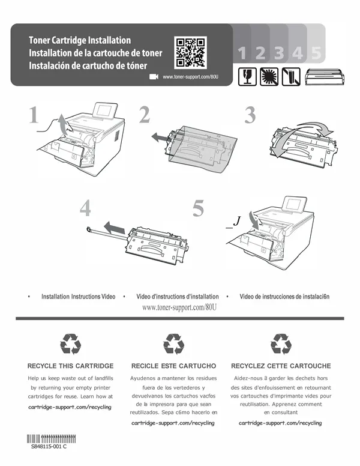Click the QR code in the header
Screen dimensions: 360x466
(x=190, y=52)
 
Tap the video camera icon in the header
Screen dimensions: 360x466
(x=154, y=77)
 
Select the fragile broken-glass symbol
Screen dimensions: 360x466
(x=247, y=77)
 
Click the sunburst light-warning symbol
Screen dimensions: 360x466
(x=269, y=77)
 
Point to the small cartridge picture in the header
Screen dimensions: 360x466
(x=325, y=77)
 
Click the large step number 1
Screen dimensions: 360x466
(x=34, y=115)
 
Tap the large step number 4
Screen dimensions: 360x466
(x=85, y=208)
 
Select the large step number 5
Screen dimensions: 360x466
(x=198, y=208)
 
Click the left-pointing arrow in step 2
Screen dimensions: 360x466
(x=161, y=138)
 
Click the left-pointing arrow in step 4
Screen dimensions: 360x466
(x=115, y=228)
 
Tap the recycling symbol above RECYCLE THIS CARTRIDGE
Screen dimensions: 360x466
(x=70, y=344)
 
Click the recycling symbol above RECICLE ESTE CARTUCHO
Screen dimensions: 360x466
(x=174, y=344)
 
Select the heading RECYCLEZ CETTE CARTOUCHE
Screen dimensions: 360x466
(x=281, y=366)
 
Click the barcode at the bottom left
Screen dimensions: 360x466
(x=51, y=438)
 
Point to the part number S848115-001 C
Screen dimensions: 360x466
(x=49, y=446)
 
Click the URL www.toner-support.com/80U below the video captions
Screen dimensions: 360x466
(x=179, y=307)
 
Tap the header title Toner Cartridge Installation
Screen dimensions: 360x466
(x=80, y=40)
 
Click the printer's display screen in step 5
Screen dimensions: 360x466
(x=294, y=204)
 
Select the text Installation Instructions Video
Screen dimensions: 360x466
(x=79, y=296)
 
